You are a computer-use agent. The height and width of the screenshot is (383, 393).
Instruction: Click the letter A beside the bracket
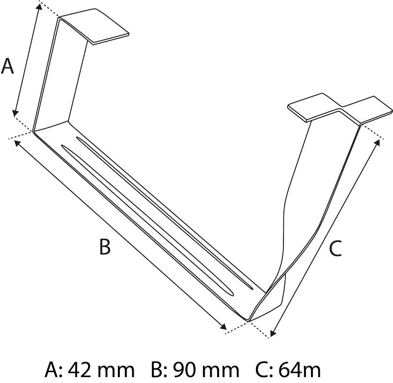click(7, 66)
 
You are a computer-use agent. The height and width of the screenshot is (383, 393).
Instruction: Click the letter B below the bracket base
click(105, 246)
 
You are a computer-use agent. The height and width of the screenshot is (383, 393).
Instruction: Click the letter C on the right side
click(336, 249)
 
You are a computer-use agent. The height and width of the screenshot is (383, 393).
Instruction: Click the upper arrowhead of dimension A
click(39, 7)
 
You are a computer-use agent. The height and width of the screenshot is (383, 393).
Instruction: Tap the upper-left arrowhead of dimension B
click(17, 143)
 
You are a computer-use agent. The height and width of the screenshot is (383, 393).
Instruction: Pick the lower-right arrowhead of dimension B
click(223, 326)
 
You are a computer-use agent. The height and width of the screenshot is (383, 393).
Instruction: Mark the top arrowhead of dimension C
click(377, 143)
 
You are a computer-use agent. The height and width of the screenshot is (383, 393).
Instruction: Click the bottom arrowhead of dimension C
click(273, 332)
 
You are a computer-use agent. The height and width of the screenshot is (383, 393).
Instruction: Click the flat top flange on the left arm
click(94, 26)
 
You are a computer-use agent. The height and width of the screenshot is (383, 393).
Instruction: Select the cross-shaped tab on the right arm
click(340, 108)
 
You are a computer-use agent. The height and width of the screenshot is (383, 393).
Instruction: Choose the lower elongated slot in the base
click(147, 220)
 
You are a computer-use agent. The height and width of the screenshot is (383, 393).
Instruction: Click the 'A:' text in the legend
click(54, 370)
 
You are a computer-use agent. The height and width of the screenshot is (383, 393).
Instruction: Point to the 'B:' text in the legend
click(159, 370)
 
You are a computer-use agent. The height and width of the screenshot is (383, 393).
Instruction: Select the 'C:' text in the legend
click(264, 370)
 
